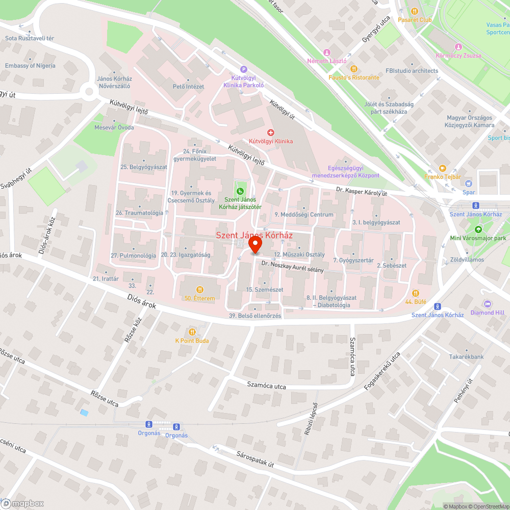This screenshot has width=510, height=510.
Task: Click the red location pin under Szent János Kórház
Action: tap(255, 246)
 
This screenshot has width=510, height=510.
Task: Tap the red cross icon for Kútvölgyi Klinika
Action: tap(270, 133)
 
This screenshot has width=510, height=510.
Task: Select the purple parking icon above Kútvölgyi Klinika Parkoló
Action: tap(243, 70)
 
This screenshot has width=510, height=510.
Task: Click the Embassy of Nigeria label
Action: tap(30, 66)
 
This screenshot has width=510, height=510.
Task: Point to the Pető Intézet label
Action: tap(188, 87)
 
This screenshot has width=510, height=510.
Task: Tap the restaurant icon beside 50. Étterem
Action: tap(199, 289)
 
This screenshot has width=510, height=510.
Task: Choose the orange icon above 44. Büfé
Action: tap(416, 293)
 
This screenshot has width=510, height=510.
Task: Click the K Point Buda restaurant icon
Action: tap(192, 331)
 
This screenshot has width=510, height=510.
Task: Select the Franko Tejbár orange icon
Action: tap(442, 168)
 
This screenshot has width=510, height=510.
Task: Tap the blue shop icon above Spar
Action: tap(469, 184)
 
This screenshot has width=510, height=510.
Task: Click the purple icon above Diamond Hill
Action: tap(487, 304)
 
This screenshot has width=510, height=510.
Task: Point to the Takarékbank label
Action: tap(466, 357)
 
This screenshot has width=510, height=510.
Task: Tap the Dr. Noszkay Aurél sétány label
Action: tap(292, 266)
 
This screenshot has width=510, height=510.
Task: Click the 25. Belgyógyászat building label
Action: tap(144, 167)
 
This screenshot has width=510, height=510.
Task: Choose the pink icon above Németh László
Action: tap(327, 53)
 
